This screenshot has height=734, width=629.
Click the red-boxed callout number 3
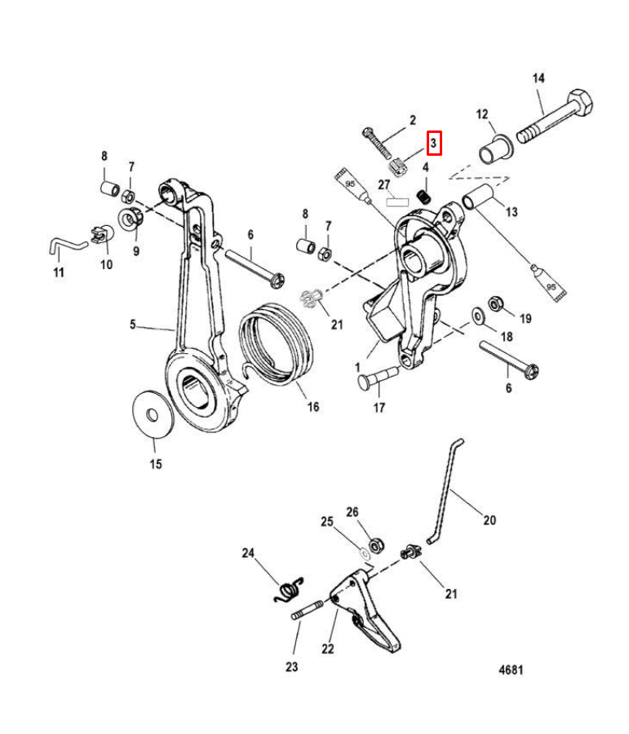point(434,143)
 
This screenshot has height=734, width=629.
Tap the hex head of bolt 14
point(580,102)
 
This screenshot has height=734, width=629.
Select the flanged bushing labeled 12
point(495,149)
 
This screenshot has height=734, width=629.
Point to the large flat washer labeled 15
point(153,413)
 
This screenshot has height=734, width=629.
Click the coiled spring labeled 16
point(276,344)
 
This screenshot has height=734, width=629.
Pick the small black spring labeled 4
point(424,196)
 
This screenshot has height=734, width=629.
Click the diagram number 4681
point(511,670)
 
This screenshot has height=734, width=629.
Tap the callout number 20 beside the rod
point(489,520)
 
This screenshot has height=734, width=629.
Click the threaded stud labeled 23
point(308,611)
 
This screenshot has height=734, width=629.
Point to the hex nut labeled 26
point(376,546)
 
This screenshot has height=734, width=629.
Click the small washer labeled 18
point(479,316)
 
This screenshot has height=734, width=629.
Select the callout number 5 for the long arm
point(133,324)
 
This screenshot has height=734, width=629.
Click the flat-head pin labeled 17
point(378,377)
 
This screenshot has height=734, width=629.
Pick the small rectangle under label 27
point(397,202)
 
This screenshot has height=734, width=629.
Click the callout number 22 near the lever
point(328,648)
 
